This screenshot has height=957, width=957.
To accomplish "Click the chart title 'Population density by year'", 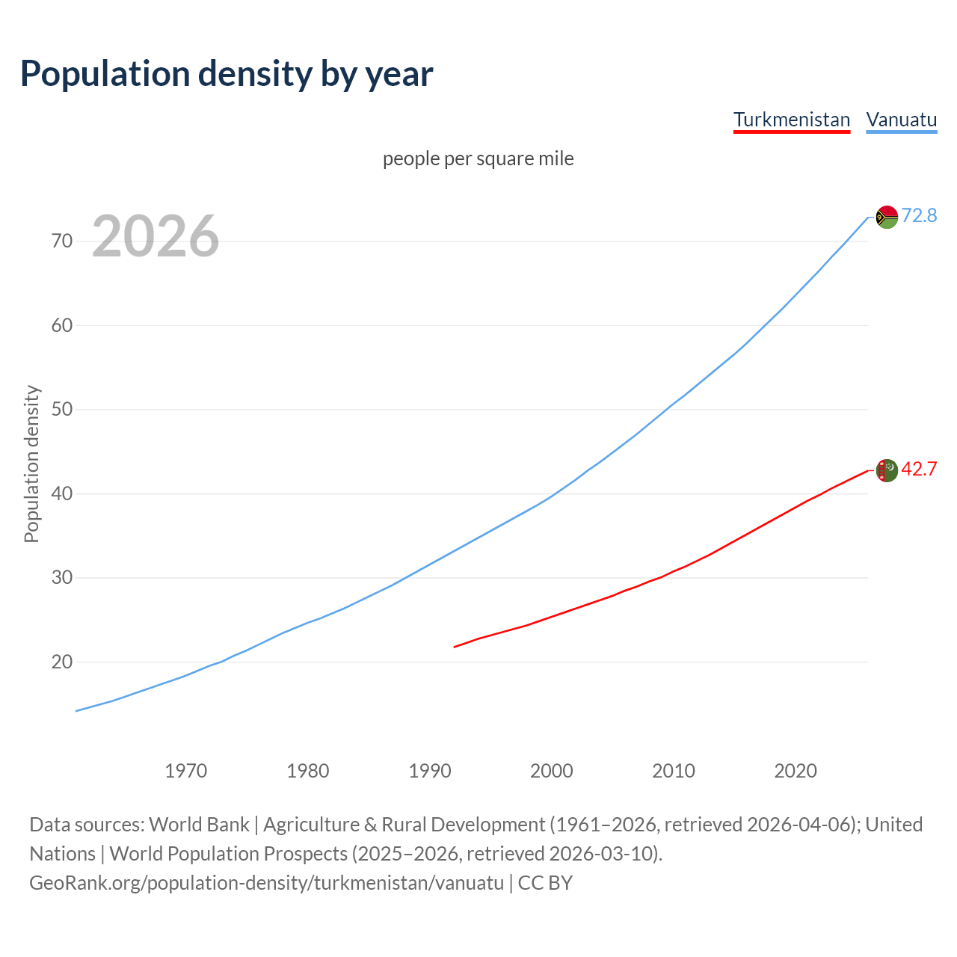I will pyautogui.click(x=227, y=73).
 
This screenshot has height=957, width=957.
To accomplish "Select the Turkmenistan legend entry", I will pyautogui.click(x=792, y=120).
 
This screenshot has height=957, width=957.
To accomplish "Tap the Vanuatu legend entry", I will pyautogui.click(x=901, y=120).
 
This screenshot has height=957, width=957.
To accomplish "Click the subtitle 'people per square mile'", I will pyautogui.click(x=478, y=159).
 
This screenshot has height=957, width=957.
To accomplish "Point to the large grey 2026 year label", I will pyautogui.click(x=156, y=236).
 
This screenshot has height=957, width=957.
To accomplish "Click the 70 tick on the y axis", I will pyautogui.click(x=62, y=241).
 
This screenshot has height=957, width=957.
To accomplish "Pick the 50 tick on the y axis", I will pyautogui.click(x=62, y=409).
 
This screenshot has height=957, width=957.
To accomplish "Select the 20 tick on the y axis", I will pyautogui.click(x=62, y=662).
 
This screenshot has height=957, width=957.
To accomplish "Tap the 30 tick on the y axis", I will pyautogui.click(x=62, y=577).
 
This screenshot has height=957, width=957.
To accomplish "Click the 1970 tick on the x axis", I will pyautogui.click(x=185, y=770).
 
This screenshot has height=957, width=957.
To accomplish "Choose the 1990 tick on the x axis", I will pyautogui.click(x=429, y=770).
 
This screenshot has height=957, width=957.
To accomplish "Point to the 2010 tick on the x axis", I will pyautogui.click(x=673, y=770).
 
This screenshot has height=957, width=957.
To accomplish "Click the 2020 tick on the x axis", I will pyautogui.click(x=795, y=770).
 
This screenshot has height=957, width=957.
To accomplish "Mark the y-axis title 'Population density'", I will pyautogui.click(x=31, y=464).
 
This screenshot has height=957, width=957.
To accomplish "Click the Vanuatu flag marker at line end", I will pyautogui.click(x=887, y=217).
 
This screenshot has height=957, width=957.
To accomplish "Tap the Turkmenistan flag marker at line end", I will pyautogui.click(x=887, y=470).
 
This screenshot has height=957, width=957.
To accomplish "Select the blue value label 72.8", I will pyautogui.click(x=919, y=215).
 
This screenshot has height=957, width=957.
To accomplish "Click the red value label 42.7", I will pyautogui.click(x=919, y=469).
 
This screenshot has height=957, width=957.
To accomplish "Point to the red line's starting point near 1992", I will pyautogui.click(x=455, y=647).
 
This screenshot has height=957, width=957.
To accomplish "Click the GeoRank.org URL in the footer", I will pyautogui.click(x=267, y=882).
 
